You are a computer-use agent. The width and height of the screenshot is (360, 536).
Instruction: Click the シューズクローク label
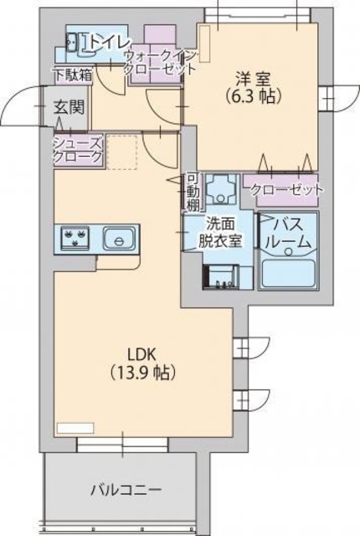(x=79, y=149)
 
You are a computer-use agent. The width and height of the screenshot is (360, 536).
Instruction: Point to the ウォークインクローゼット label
(x=159, y=63)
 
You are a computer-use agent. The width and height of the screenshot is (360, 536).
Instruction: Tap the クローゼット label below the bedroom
(x=288, y=190)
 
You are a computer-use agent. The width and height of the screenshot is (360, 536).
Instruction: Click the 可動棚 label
(x=193, y=191)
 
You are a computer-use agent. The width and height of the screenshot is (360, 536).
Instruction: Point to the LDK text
(x=143, y=353)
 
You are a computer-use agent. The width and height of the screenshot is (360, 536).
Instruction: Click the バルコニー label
(x=126, y=488)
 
